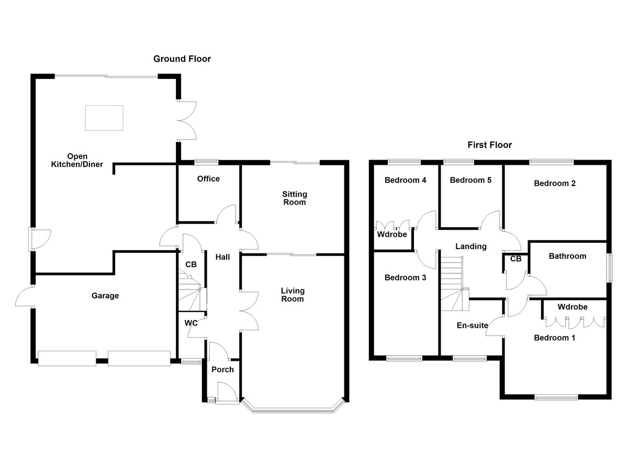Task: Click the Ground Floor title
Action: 182,59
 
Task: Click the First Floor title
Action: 489,145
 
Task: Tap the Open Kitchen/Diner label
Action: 77,161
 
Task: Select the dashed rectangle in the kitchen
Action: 104,118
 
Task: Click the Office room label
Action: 208,179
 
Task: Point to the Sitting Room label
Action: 294,198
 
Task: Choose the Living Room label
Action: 293,295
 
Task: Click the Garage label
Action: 105,296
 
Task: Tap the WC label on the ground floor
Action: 191,324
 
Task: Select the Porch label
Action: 222,370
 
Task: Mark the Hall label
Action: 223,257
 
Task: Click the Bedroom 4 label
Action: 405,181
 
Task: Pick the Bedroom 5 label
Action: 470,181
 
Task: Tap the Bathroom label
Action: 567,257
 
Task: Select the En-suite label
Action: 473,326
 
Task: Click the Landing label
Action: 470,247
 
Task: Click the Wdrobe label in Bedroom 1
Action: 572,307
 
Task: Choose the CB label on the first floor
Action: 515,259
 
